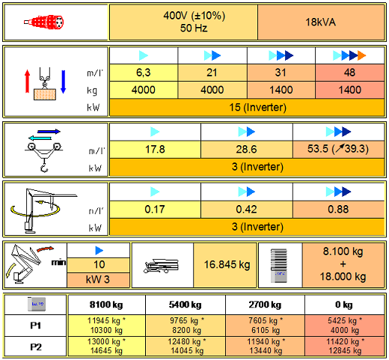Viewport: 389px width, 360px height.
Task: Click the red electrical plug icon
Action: [x=44, y=22]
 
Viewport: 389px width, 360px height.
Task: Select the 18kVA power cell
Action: [x=321, y=22]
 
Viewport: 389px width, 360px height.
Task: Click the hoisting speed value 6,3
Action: [x=144, y=73]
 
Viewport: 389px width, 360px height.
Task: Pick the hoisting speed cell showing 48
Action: [x=349, y=73]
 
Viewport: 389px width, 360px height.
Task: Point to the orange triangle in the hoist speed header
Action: [x=362, y=55]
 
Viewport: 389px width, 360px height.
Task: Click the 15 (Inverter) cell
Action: [x=247, y=108]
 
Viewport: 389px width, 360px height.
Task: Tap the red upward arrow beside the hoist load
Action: [x=28, y=81]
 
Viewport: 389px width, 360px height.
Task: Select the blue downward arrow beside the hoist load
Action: [x=64, y=82]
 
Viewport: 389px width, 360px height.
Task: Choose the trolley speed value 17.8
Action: [x=155, y=150]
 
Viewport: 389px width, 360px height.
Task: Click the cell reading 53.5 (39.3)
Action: [x=338, y=149]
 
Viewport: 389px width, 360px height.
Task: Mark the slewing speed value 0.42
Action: [x=247, y=210]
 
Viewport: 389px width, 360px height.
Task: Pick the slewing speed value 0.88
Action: [x=338, y=210]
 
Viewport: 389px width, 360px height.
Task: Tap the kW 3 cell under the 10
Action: [x=98, y=280]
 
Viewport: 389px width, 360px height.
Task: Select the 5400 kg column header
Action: [x=186, y=305]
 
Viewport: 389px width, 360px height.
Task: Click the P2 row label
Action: [x=36, y=347]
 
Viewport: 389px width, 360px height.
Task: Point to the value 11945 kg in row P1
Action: [x=106, y=320]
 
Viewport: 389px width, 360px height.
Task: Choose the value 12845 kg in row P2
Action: [x=345, y=350]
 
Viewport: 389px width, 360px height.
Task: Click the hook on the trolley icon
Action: [x=44, y=167]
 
